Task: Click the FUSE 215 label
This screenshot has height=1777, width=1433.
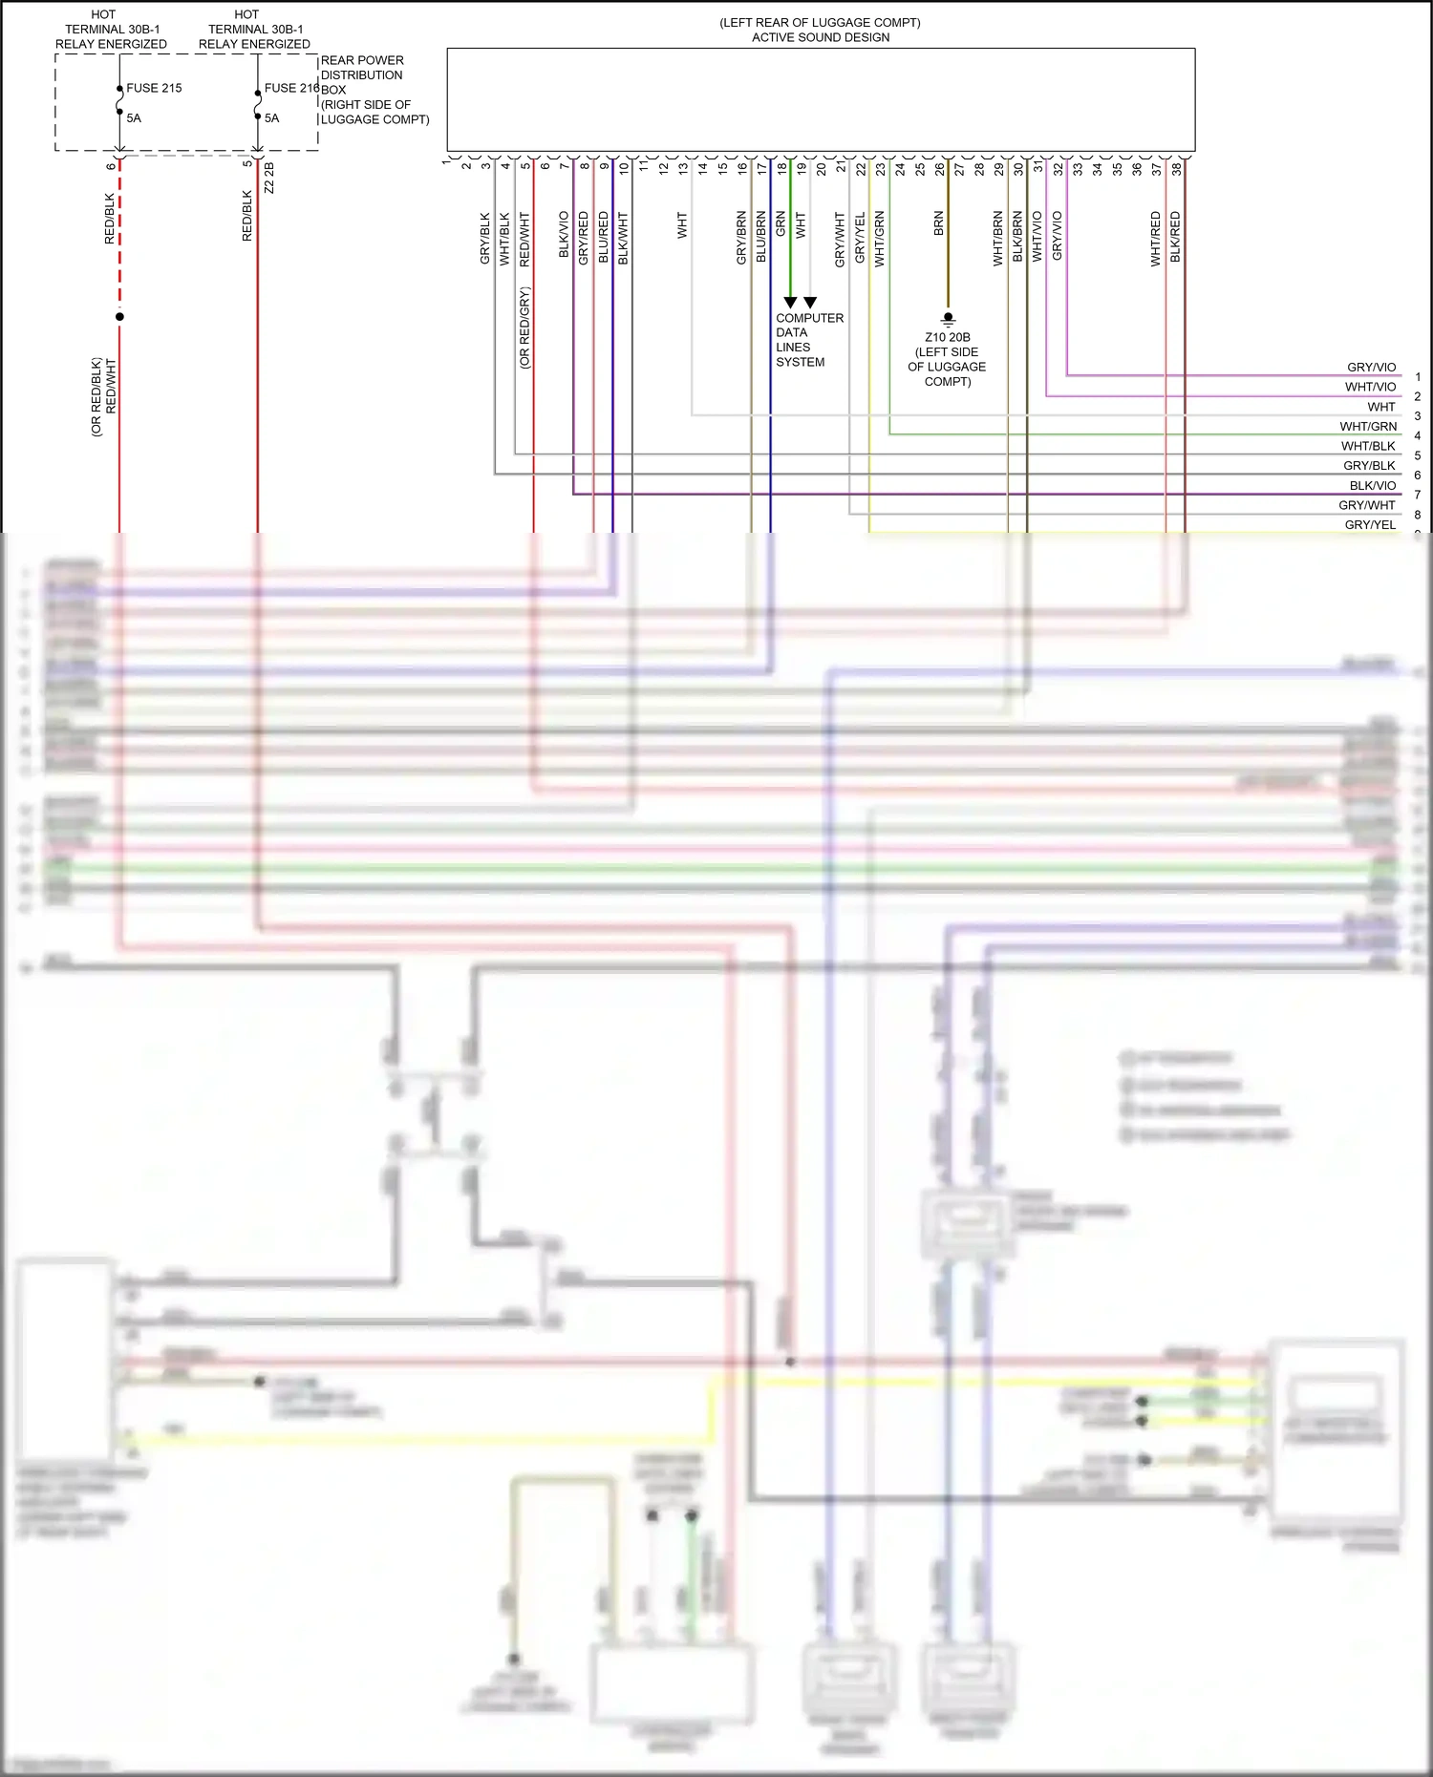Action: tap(154, 88)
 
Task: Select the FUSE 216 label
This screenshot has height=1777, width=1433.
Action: tap(291, 88)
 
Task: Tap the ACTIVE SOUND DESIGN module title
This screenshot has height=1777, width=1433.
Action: tap(821, 37)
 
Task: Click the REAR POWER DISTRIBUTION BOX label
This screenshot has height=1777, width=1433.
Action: tap(362, 74)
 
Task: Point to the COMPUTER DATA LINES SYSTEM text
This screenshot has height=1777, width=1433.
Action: tap(808, 340)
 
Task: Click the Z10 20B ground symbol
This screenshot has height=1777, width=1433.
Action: tap(948, 319)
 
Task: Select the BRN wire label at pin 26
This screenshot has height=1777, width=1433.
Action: tap(939, 223)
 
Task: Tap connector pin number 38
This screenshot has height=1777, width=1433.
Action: tap(1177, 168)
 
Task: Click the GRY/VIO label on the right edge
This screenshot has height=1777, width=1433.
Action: tap(1371, 368)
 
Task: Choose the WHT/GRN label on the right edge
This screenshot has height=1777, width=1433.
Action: tap(1368, 427)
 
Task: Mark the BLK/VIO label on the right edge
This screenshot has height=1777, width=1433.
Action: tap(1372, 486)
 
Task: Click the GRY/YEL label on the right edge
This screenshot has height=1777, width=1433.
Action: tap(1370, 525)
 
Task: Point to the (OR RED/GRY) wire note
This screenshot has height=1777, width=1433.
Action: tap(524, 328)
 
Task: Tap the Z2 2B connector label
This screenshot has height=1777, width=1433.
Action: tap(269, 178)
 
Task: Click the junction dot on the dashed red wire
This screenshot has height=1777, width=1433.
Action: tap(119, 316)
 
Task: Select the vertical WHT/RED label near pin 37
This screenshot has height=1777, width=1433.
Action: tap(1156, 239)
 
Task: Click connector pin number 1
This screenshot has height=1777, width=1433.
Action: tap(446, 162)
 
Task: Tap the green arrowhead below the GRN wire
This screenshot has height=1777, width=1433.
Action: tap(790, 302)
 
